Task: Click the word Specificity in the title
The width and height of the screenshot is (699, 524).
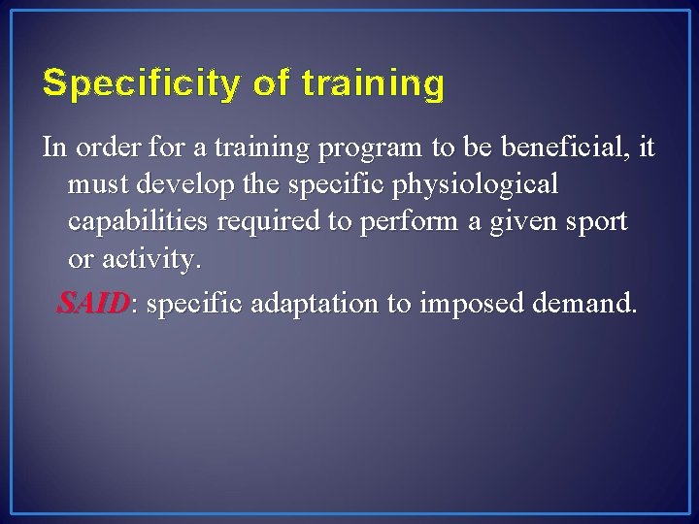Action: click(140, 85)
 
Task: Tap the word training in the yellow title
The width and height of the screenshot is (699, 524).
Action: click(373, 85)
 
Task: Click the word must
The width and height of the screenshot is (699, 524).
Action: click(96, 184)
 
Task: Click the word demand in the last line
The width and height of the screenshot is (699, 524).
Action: click(585, 304)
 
